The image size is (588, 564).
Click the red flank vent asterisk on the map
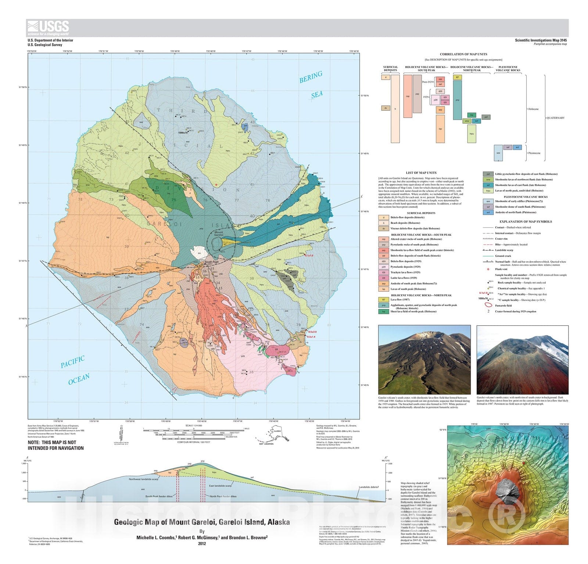217,185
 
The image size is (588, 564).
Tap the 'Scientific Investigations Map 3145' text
541,40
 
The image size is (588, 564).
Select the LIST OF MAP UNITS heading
421,173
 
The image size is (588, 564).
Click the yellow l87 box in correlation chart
457,78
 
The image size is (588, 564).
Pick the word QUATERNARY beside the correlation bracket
555,118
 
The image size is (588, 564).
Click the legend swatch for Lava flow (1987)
383,300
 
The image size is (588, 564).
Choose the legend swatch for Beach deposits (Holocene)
383,223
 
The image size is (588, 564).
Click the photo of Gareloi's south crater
424,359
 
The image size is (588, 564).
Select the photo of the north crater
522,359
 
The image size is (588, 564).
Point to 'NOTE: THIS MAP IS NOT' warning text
52,442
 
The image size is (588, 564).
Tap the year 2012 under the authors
202,543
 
